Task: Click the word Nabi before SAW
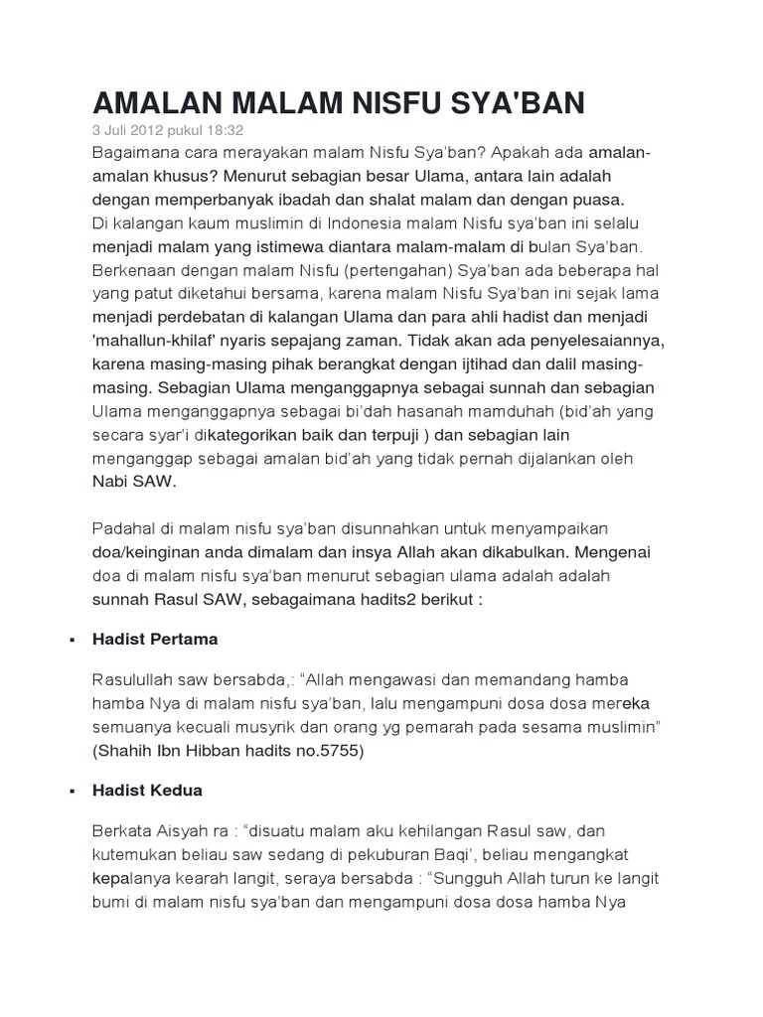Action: (110, 481)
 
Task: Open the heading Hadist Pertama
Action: (155, 640)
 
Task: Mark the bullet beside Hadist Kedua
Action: (73, 792)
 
